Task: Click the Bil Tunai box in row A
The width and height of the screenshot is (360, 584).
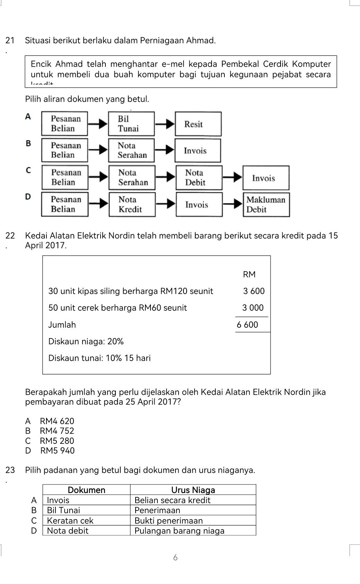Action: pyautogui.click(x=131, y=124)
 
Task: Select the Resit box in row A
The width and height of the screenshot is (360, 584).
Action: pyautogui.click(x=198, y=124)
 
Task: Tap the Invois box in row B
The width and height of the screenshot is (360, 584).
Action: pyautogui.click(x=197, y=151)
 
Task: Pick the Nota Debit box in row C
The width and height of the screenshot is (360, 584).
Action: pyautogui.click(x=198, y=178)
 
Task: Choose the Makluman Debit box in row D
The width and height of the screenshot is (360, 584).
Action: pyautogui.click(x=266, y=205)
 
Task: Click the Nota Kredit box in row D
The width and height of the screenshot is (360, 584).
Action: pyautogui.click(x=132, y=205)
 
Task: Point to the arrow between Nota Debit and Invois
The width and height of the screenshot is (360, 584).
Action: pyautogui.click(x=232, y=177)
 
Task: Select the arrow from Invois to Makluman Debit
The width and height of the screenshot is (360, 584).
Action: pyautogui.click(x=232, y=204)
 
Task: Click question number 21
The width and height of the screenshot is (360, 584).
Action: pyautogui.click(x=10, y=41)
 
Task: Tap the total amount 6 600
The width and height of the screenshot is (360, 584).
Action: pyautogui.click(x=247, y=325)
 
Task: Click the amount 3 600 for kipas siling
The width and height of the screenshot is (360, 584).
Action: pyautogui.click(x=254, y=291)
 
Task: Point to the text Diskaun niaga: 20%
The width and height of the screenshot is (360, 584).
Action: pyautogui.click(x=86, y=341)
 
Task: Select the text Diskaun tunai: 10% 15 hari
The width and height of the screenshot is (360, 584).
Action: pyautogui.click(x=100, y=358)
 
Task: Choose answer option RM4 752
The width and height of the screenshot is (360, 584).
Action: pyautogui.click(x=57, y=431)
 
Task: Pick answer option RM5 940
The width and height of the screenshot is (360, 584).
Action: pyautogui.click(x=57, y=450)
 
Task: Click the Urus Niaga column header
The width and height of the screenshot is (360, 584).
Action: pyautogui.click(x=193, y=490)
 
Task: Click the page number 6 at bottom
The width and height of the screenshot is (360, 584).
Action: pyautogui.click(x=175, y=557)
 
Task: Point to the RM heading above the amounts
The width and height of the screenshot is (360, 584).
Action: pyautogui.click(x=249, y=274)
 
